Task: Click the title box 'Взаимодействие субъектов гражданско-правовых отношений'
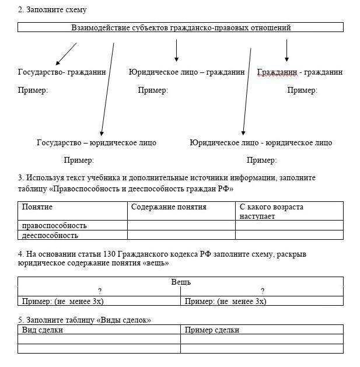[180, 27]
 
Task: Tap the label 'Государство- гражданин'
[62, 72]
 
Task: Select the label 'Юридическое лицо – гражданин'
[187, 72]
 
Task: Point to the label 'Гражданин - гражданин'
[300, 72]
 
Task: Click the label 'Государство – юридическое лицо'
[96, 142]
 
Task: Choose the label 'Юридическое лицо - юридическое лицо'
[261, 142]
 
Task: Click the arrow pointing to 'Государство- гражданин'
[66, 54]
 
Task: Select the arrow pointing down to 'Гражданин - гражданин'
[286, 50]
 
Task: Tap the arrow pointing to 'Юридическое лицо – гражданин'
[176, 50]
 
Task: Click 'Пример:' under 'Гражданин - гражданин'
[302, 90]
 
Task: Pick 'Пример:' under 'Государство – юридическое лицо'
[79, 160]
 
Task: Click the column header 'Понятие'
[37, 207]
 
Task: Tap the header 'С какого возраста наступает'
[271, 211]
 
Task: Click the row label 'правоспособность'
[54, 225]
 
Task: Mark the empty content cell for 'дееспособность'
[181, 235]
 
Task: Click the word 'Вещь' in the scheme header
[181, 282]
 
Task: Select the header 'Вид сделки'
[43, 330]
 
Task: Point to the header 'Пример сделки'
[212, 330]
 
